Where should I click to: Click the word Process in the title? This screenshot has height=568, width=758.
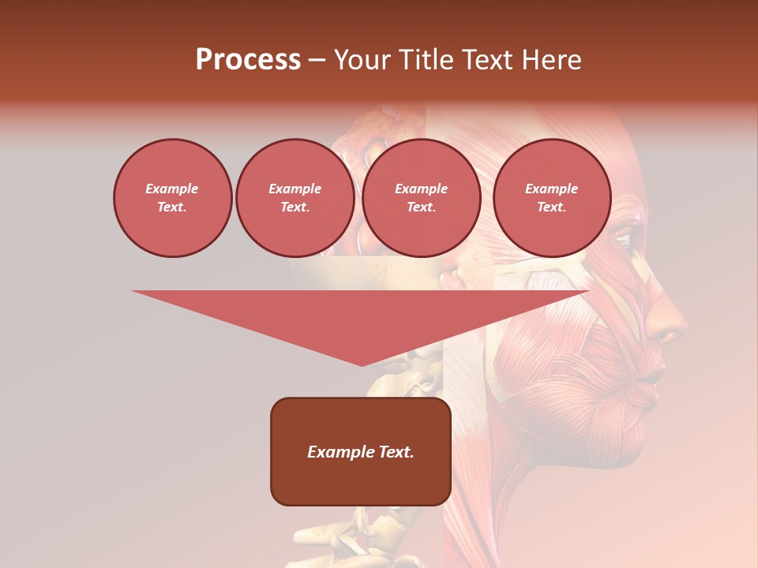(x=248, y=60)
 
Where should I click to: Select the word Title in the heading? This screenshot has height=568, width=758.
(x=430, y=60)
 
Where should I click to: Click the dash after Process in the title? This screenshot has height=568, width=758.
(x=317, y=62)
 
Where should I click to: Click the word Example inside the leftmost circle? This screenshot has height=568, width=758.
(x=172, y=189)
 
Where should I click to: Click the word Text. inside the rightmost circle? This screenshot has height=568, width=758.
(x=551, y=207)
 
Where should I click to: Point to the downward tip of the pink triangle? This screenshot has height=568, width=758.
(x=362, y=364)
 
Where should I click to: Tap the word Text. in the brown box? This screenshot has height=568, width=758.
(x=396, y=452)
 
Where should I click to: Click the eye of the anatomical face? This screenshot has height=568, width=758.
(x=624, y=239)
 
